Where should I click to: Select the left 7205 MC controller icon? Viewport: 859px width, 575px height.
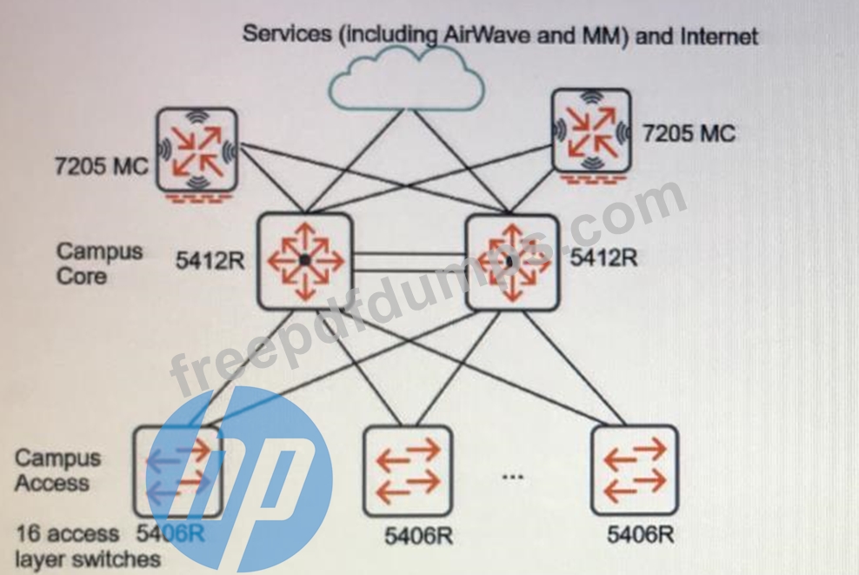click(196, 149)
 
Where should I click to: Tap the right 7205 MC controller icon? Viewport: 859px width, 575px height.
click(591, 130)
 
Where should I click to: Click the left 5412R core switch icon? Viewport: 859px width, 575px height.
click(305, 261)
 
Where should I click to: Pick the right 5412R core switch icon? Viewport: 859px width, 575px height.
click(513, 261)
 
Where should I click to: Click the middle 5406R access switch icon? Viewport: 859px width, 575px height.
click(408, 471)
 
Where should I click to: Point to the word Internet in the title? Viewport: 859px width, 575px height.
click(719, 36)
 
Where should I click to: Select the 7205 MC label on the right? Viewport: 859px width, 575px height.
click(689, 133)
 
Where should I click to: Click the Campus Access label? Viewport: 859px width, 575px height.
click(57, 471)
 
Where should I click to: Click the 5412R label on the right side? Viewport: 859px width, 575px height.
click(604, 258)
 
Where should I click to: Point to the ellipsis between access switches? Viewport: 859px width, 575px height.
click(513, 477)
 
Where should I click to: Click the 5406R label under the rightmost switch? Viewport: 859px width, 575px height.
click(641, 534)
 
